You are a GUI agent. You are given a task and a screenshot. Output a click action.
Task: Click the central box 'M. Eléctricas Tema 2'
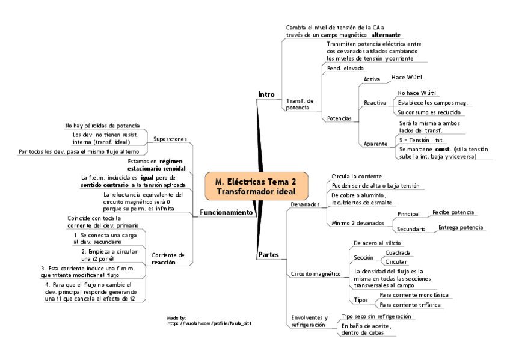[255, 185]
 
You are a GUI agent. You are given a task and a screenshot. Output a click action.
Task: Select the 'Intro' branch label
[266, 95]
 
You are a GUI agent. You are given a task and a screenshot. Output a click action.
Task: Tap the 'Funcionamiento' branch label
[226, 212]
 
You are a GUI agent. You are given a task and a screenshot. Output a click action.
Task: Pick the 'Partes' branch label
[268, 255]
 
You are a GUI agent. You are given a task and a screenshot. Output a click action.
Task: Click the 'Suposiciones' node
[170, 139]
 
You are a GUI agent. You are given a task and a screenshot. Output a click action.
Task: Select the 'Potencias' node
[339, 118]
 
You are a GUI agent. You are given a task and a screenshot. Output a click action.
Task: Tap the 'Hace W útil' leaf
[407, 78]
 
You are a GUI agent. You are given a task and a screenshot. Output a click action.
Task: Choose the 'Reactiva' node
[375, 103]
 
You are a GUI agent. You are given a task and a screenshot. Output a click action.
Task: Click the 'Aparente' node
[375, 144]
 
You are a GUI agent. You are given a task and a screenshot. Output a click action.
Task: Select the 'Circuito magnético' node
[312, 273]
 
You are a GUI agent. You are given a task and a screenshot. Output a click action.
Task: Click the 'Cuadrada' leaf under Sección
[398, 252]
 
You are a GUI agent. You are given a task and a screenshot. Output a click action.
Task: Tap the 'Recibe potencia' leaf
[453, 212]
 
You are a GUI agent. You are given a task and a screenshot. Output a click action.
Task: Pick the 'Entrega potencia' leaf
[460, 228]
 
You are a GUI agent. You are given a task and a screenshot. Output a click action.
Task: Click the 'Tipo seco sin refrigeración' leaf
[376, 316]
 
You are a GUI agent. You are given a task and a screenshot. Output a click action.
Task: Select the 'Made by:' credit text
[176, 317]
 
